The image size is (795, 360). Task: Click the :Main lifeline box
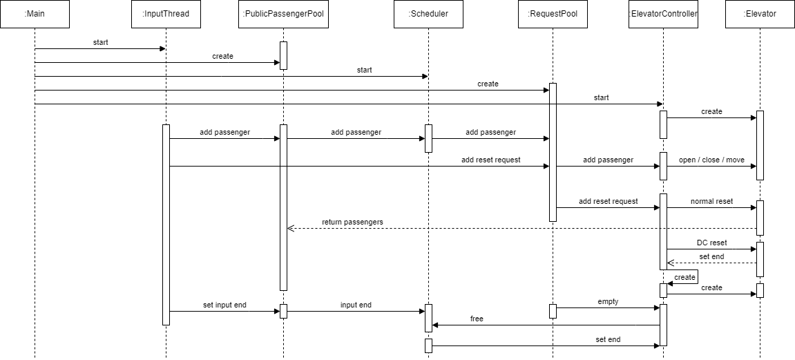pyautogui.click(x=35, y=14)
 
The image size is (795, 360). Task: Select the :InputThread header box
pyautogui.click(x=166, y=14)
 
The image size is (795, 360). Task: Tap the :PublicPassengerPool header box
pyautogui.click(x=283, y=14)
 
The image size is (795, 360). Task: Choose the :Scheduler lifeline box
pyautogui.click(x=428, y=14)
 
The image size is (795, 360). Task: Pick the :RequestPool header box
pyautogui.click(x=553, y=14)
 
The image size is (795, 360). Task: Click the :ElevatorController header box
pyautogui.click(x=663, y=14)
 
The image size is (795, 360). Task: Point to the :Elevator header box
pyautogui.click(x=760, y=14)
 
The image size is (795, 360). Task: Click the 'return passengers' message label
pyautogui.click(x=352, y=222)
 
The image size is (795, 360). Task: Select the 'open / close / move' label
pyautogui.click(x=711, y=160)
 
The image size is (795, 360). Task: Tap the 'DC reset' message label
pyautogui.click(x=711, y=243)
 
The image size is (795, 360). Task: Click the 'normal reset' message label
pyautogui.click(x=711, y=201)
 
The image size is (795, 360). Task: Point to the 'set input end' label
pyautogui.click(x=224, y=305)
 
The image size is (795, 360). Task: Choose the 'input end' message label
pyautogui.click(x=356, y=305)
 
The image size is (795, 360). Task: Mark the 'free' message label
pyautogui.click(x=477, y=319)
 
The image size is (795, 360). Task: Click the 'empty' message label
pyautogui.click(x=608, y=302)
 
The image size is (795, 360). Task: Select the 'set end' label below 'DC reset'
pyautogui.click(x=711, y=256)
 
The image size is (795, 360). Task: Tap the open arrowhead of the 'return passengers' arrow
pyautogui.click(x=290, y=228)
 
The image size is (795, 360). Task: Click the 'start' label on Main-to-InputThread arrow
pyautogui.click(x=100, y=42)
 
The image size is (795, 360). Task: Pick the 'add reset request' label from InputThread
pyautogui.click(x=490, y=160)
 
